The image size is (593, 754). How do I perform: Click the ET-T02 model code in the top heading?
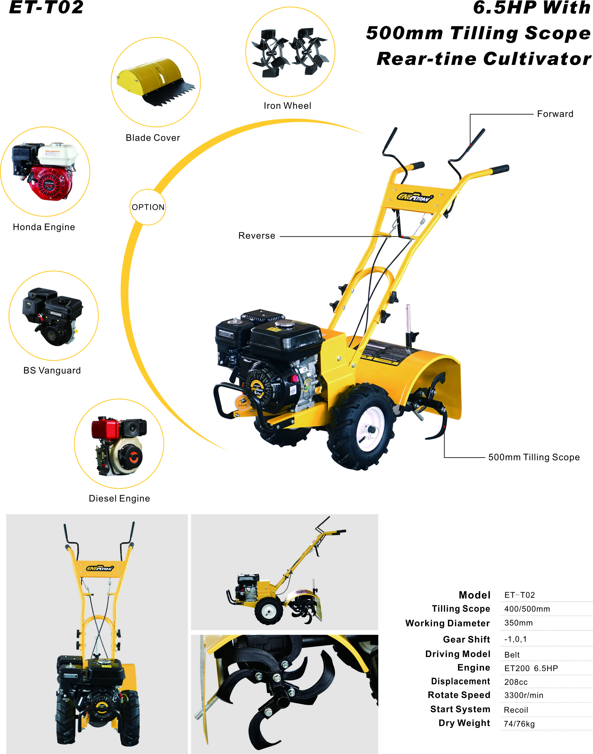click(46, 7)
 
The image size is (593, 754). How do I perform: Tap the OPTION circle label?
click(148, 207)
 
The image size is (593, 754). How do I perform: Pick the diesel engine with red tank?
click(119, 446)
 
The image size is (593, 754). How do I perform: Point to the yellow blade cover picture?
click(156, 82)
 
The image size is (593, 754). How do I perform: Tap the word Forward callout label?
click(555, 114)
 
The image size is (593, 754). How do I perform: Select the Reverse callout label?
click(257, 236)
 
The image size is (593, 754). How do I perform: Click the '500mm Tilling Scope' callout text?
click(534, 457)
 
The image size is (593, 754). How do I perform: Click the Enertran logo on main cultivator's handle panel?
click(415, 197)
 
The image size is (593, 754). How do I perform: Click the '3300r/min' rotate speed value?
click(524, 696)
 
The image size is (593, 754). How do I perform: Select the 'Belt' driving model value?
click(512, 655)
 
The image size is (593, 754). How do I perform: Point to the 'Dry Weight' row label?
click(464, 723)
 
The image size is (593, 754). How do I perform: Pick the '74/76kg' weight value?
click(519, 724)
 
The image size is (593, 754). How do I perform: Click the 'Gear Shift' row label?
click(466, 639)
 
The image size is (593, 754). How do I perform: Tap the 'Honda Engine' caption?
click(44, 227)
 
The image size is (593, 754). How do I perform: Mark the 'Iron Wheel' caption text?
click(287, 106)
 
